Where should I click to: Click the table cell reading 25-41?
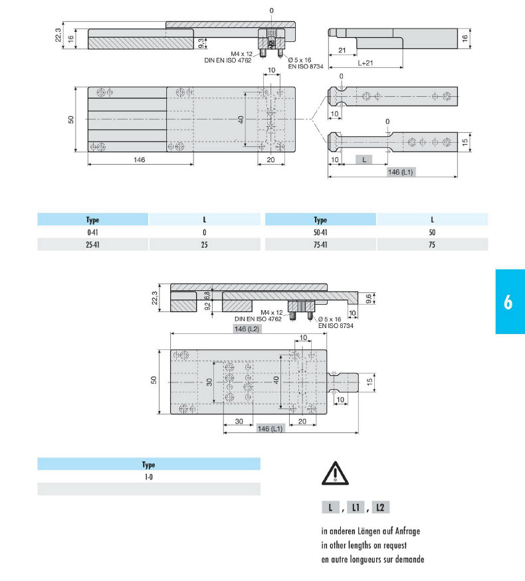[92, 244]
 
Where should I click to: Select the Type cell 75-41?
[320, 244]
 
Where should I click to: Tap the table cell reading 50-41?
[320, 232]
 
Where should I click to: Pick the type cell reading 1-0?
[149, 477]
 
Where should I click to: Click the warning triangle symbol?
[335, 473]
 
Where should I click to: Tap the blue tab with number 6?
[510, 301]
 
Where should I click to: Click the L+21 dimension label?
[366, 63]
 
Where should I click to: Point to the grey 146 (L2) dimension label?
[247, 329]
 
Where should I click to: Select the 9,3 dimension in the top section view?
[201, 43]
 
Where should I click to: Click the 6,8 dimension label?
[207, 295]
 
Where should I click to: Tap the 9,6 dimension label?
[369, 299]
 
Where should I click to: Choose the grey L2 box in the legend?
[380, 507]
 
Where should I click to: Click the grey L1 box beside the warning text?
[356, 507]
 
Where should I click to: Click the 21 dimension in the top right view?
[342, 50]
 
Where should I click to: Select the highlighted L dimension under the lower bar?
[364, 160]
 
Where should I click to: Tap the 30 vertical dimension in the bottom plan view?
[209, 382]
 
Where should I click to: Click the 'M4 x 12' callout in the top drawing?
[241, 54]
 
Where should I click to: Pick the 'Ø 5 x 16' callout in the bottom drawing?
[330, 319]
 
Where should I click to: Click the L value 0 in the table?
[204, 232]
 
